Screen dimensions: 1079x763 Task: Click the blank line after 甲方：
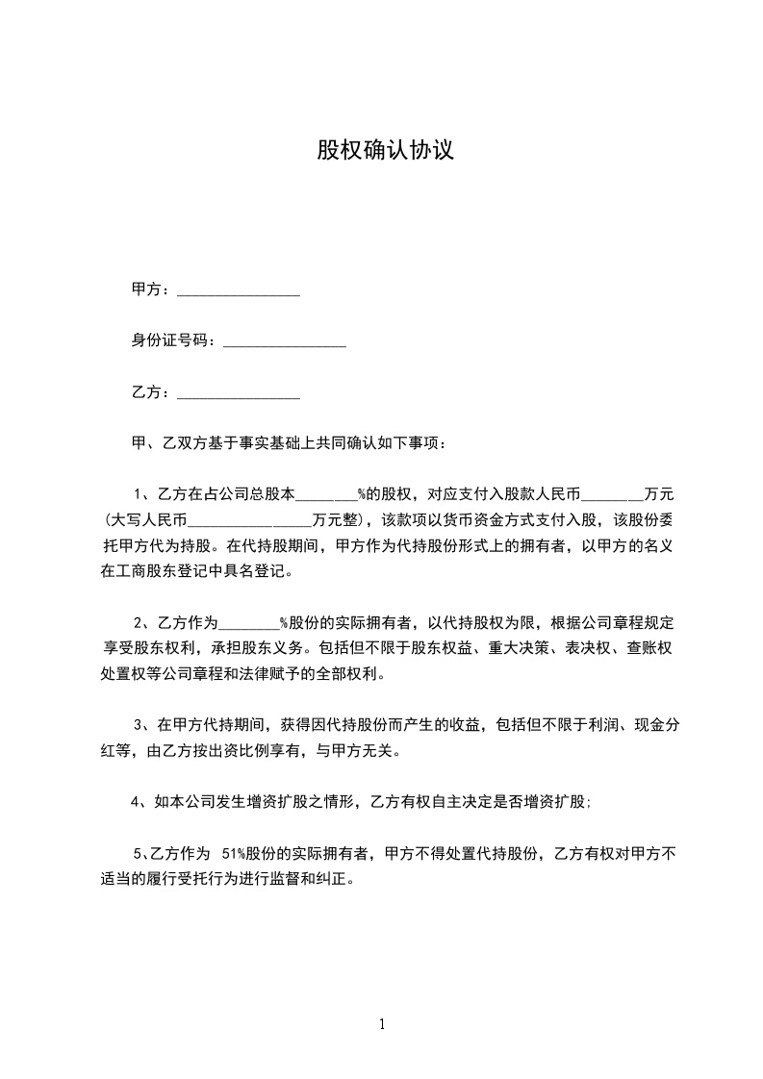point(239,290)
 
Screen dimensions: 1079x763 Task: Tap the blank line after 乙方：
point(239,393)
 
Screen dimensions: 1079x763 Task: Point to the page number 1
point(382,1024)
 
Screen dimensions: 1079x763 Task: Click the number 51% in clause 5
point(234,853)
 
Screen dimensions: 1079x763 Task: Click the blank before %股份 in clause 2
point(249,622)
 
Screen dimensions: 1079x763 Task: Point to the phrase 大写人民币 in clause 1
point(148,522)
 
